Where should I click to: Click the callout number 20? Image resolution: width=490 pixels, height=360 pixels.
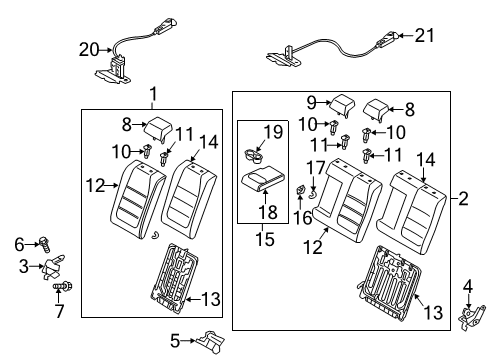(89, 50)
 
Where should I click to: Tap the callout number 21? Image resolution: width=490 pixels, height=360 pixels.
(425, 35)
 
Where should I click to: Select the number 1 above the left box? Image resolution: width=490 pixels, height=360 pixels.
(153, 94)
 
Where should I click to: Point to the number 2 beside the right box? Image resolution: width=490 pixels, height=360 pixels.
(463, 199)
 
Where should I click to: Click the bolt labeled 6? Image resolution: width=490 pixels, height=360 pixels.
(44, 244)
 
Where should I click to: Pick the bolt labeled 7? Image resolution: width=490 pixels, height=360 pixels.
(63, 286)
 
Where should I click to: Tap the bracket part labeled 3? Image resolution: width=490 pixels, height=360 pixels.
(53, 267)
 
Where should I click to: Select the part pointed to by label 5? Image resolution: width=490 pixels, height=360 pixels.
(211, 342)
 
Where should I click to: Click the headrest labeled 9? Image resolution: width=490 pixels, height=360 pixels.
(341, 105)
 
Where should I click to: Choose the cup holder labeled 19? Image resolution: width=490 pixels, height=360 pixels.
(254, 156)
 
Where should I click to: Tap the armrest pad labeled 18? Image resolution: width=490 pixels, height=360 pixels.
(263, 179)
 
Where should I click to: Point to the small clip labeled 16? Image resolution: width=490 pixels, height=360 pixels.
(300, 191)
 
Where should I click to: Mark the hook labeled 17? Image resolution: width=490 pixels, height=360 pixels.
(313, 194)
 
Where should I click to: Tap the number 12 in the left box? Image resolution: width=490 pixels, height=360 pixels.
(95, 185)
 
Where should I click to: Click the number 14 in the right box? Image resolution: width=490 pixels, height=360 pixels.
(426, 160)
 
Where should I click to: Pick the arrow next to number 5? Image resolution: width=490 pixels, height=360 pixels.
(188, 341)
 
